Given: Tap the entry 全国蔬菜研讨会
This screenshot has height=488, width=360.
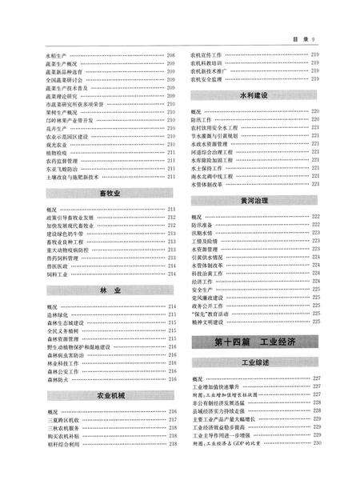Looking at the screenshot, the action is [x=66, y=80].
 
